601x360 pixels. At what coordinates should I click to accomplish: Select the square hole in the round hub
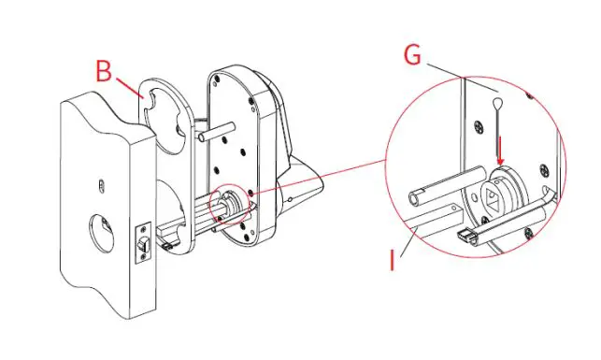tap(494, 195)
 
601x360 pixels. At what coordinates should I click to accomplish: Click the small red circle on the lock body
tap(231, 204)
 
